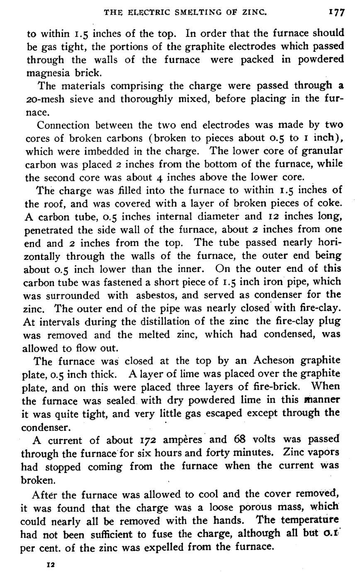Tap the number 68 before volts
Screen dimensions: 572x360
point(236,440)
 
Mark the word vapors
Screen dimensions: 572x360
point(322,453)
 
